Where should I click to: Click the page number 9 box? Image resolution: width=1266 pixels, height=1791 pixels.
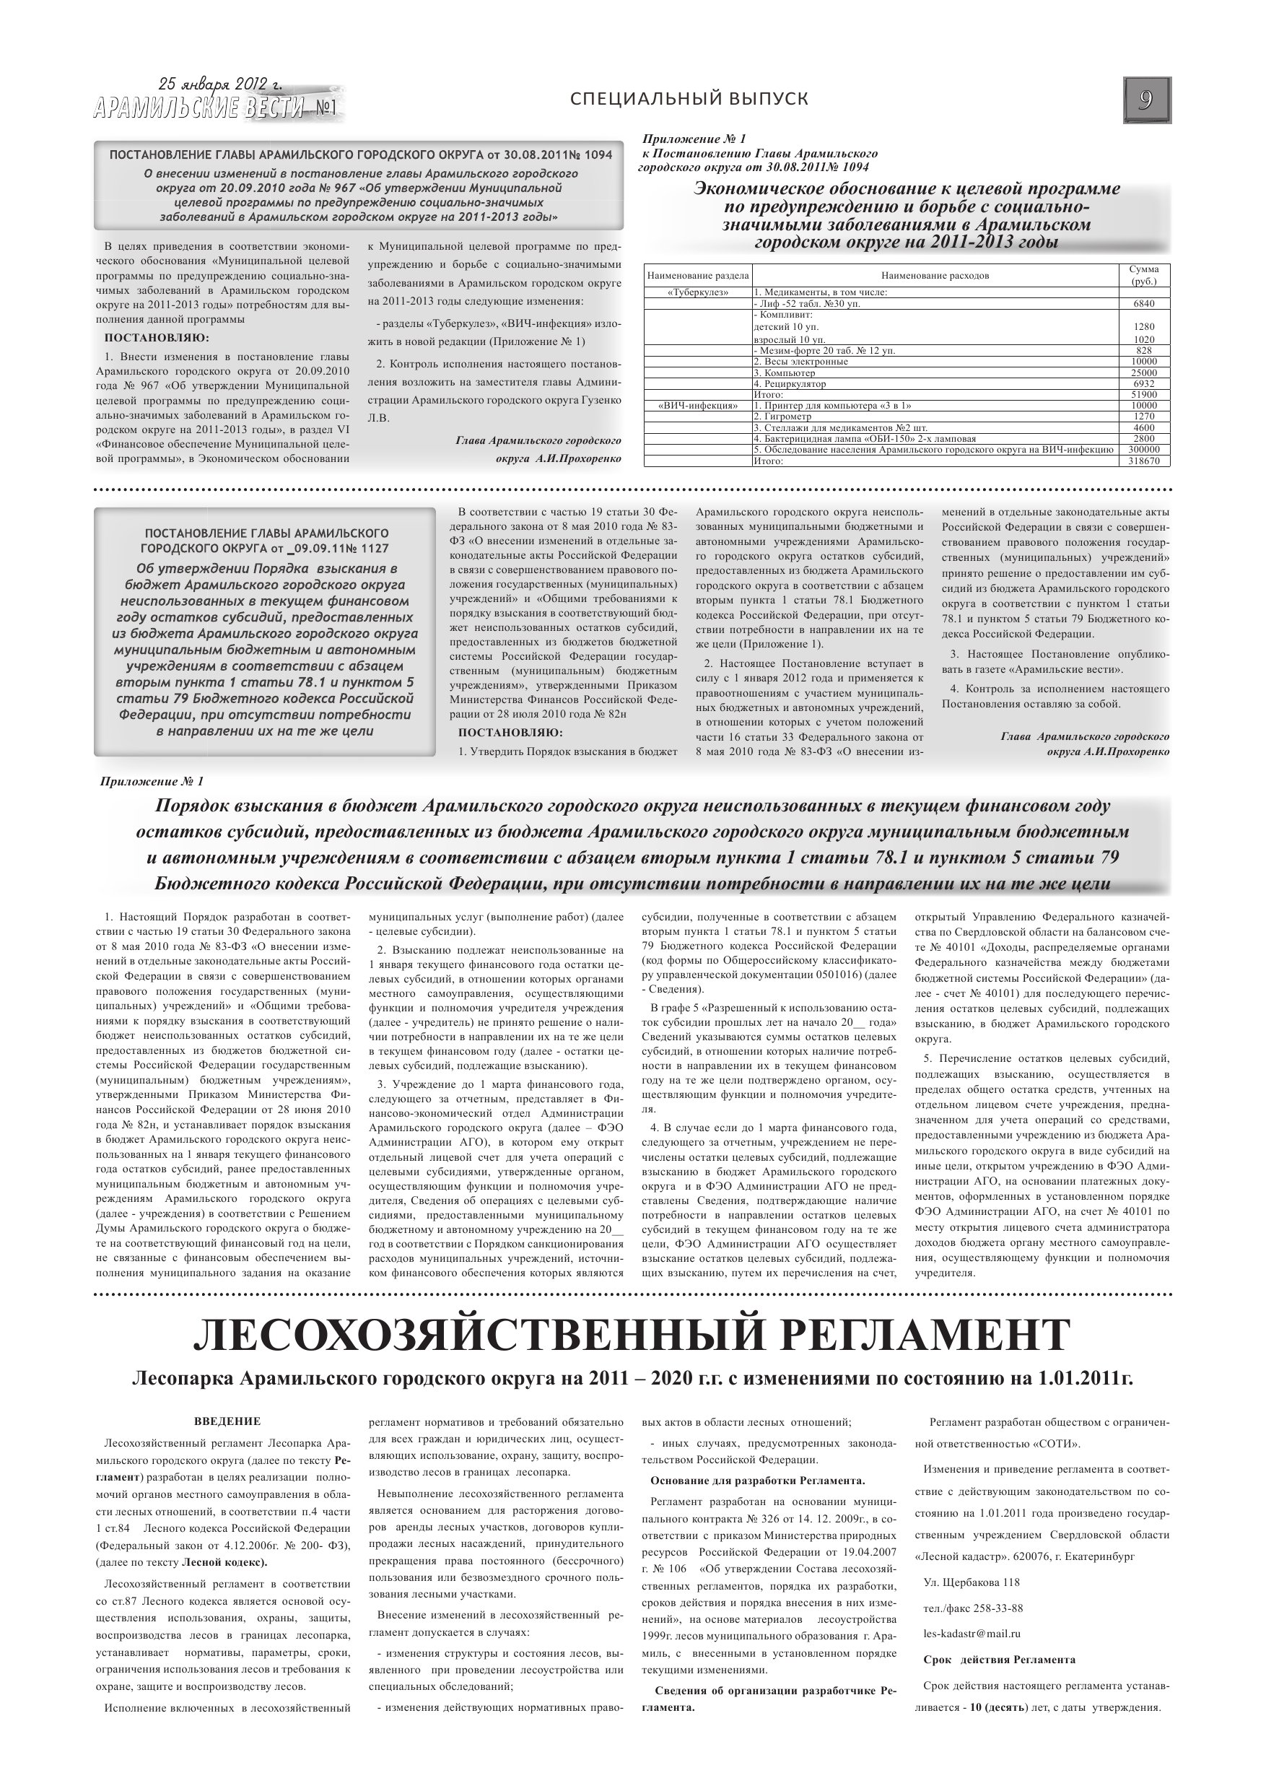[x=1147, y=100]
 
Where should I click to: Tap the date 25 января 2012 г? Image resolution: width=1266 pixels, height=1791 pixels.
[x=220, y=84]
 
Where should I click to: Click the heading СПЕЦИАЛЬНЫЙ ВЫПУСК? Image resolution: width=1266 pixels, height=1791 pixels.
[x=689, y=98]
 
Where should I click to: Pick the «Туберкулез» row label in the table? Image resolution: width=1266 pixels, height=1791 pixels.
[x=697, y=292]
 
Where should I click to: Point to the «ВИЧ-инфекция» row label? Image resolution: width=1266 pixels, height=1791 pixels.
[x=697, y=406]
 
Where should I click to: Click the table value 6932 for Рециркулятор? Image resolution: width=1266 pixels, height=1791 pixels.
[x=1144, y=384]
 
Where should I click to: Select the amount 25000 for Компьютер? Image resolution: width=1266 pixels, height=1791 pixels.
[x=1144, y=373]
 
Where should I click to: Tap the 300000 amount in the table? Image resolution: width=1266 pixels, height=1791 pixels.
[x=1144, y=450]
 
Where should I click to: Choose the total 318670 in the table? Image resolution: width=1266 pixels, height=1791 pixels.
[x=1144, y=461]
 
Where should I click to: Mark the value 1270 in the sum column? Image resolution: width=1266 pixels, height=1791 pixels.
[x=1144, y=417]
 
